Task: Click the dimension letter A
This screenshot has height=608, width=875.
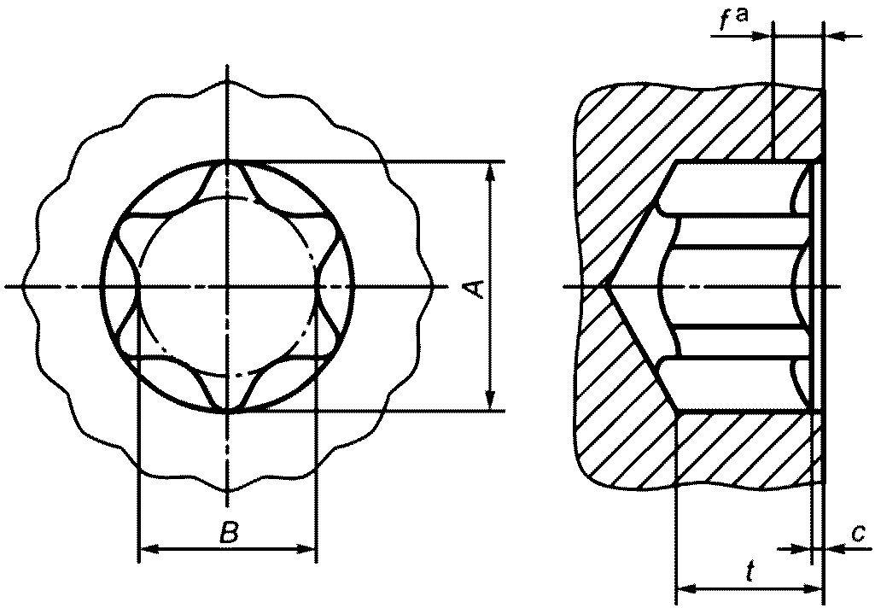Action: click(x=475, y=289)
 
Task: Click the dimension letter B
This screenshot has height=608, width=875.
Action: click(x=229, y=533)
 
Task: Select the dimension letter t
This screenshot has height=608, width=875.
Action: click(x=750, y=572)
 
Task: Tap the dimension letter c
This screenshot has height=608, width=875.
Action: click(x=858, y=534)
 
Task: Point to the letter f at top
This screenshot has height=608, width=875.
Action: click(x=725, y=20)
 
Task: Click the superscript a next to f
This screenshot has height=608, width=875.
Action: click(x=742, y=15)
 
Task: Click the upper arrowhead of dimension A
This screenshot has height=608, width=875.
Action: click(x=490, y=172)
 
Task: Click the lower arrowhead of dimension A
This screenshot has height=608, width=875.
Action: click(x=490, y=400)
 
